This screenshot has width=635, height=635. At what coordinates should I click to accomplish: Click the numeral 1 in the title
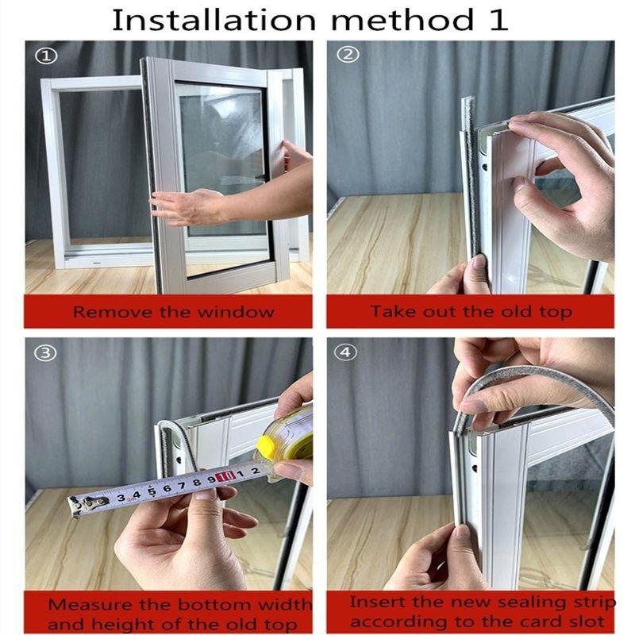tap(498, 19)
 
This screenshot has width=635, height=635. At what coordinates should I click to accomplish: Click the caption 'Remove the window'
tap(173, 311)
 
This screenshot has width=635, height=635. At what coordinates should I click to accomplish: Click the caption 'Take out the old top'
tap(470, 311)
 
